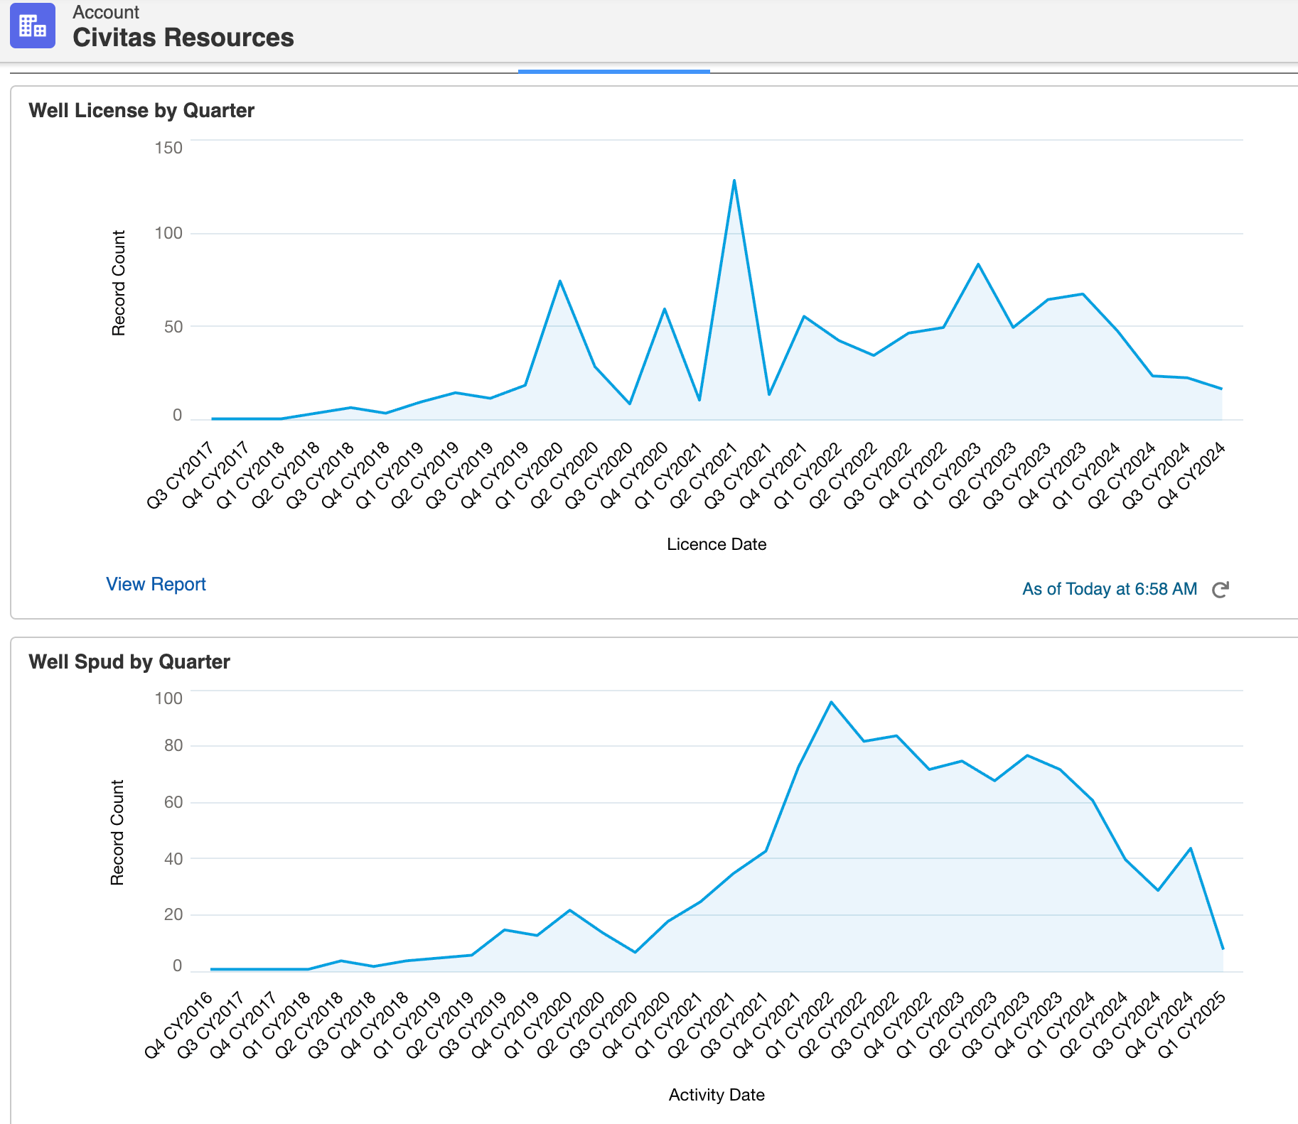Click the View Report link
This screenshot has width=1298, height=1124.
[156, 584]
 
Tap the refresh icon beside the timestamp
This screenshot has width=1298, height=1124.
[1220, 590]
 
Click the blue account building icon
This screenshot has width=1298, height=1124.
[33, 26]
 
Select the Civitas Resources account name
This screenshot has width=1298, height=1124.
[183, 38]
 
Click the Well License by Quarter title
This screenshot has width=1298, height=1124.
[141, 111]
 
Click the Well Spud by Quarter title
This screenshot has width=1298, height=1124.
[129, 662]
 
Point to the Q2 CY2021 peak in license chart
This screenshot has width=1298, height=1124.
[734, 180]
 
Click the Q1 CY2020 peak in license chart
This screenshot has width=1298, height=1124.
[560, 281]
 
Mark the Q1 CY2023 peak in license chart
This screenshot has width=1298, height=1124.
[978, 264]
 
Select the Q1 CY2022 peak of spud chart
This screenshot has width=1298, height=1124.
[831, 703]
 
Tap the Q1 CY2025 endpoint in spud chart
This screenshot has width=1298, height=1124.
[1223, 949]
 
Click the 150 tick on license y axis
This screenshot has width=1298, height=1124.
[168, 148]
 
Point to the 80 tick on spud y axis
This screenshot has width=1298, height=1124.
[173, 745]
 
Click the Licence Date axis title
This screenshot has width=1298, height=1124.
[717, 544]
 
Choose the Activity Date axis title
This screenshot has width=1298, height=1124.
[717, 1095]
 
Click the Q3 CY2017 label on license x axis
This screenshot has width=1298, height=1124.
[181, 475]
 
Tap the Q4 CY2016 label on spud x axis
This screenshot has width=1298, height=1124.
[179, 1025]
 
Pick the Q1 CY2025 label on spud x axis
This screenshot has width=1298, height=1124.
[1192, 1025]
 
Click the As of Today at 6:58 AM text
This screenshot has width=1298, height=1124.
[1109, 589]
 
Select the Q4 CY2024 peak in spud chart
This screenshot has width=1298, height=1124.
[1190, 848]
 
